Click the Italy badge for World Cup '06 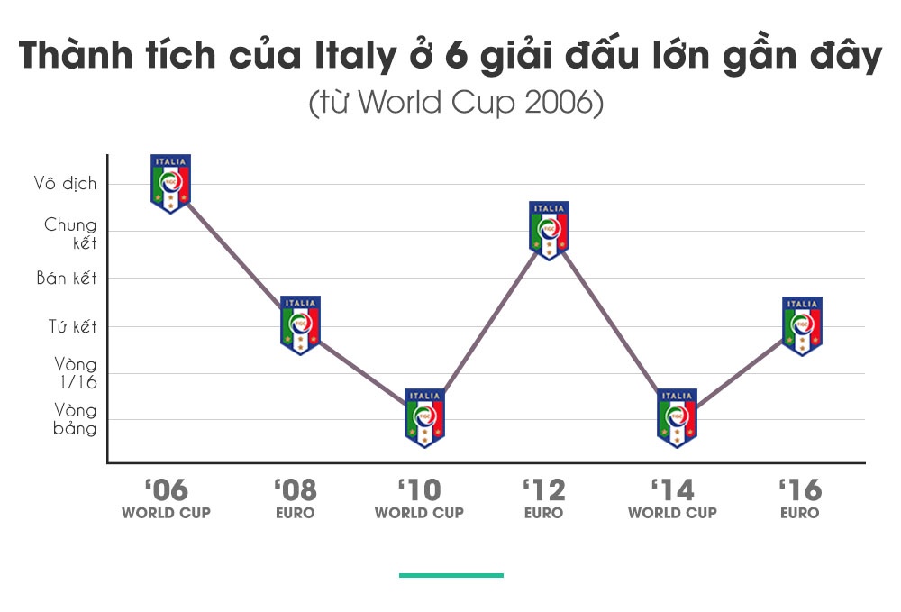coord(170,184)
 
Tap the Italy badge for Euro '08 coord(300,324)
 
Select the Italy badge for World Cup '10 coord(424,418)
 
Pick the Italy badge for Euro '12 coord(549,231)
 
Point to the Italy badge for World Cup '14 coord(677,418)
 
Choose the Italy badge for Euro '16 coord(802,325)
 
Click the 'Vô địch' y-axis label coord(66,184)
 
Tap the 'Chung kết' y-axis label coord(70,233)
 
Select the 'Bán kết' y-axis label coord(67,279)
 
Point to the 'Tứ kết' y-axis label coord(72,327)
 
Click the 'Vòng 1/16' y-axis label coord(75,373)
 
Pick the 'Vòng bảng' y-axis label coord(75,419)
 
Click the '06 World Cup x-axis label coord(167,499)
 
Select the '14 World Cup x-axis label coord(672,499)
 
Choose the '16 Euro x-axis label coord(800,499)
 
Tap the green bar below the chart coord(451,574)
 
